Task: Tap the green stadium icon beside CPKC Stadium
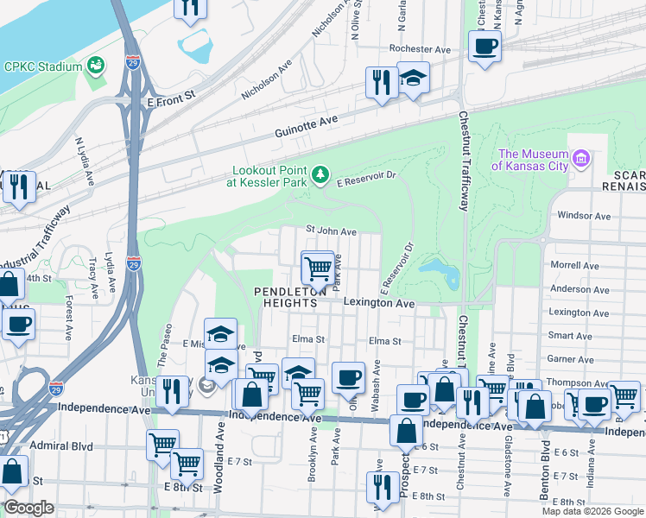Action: [96, 66]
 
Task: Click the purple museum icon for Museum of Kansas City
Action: [581, 159]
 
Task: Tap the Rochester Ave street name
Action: [420, 49]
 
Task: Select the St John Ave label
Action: [332, 231]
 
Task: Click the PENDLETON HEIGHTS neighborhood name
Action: [290, 298]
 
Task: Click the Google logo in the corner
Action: [28, 508]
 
